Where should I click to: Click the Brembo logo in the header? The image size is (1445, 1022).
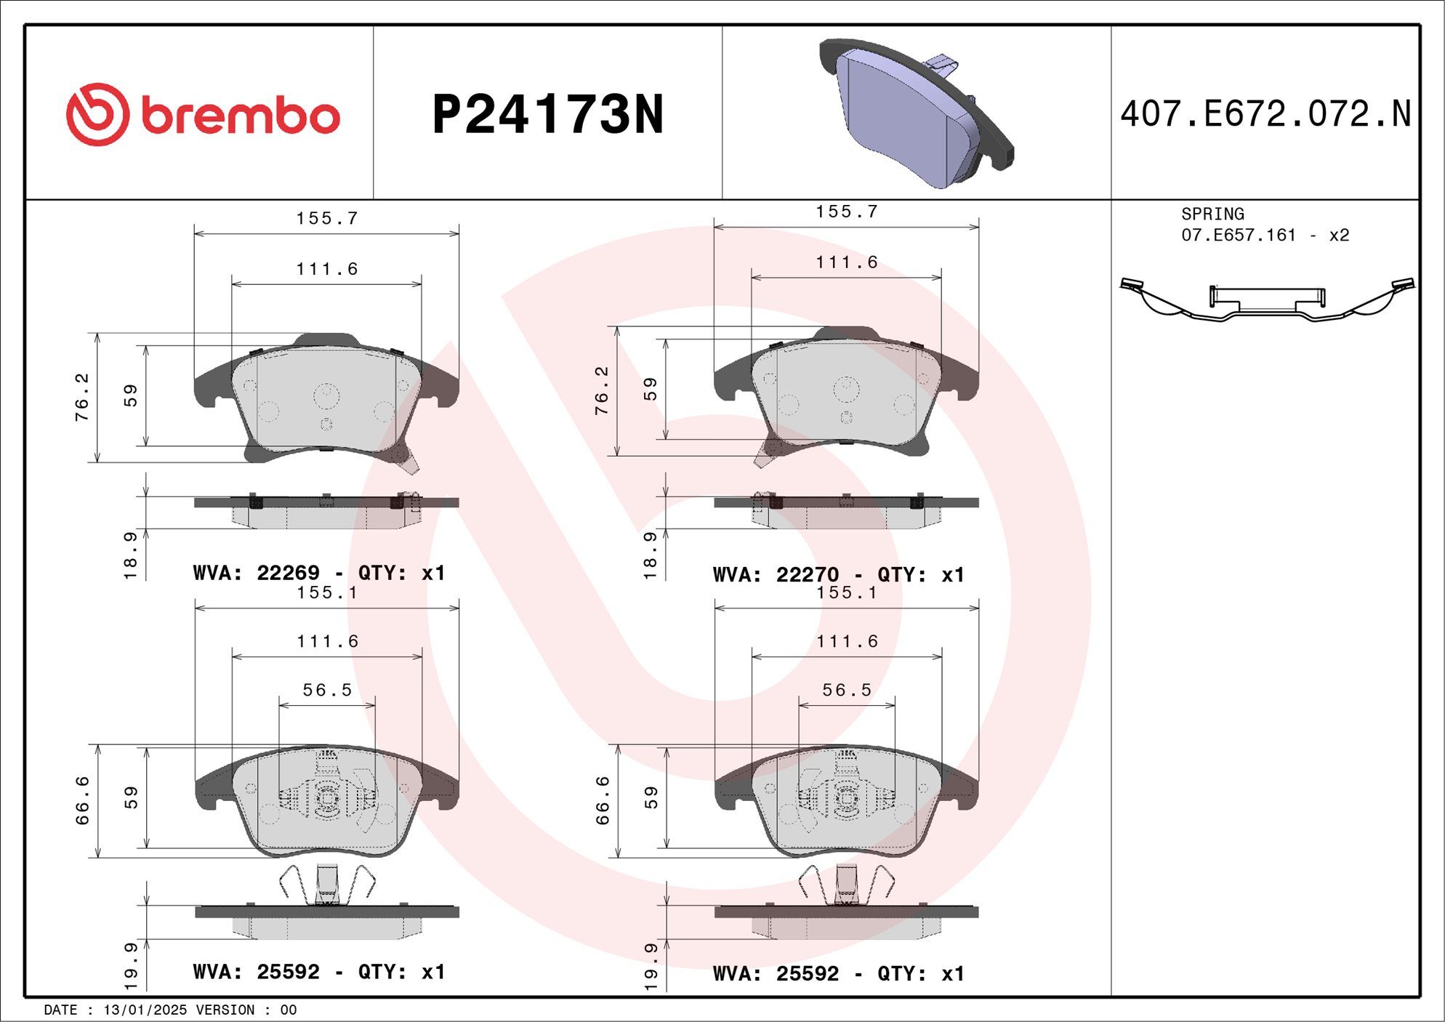203,115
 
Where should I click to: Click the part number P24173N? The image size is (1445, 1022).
548,115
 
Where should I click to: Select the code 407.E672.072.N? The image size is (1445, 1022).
1265,114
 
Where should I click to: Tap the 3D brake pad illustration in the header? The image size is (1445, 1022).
917,113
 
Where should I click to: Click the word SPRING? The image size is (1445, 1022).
1212,214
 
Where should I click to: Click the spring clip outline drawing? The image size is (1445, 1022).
1268,299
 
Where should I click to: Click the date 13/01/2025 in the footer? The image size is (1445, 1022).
145,1010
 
